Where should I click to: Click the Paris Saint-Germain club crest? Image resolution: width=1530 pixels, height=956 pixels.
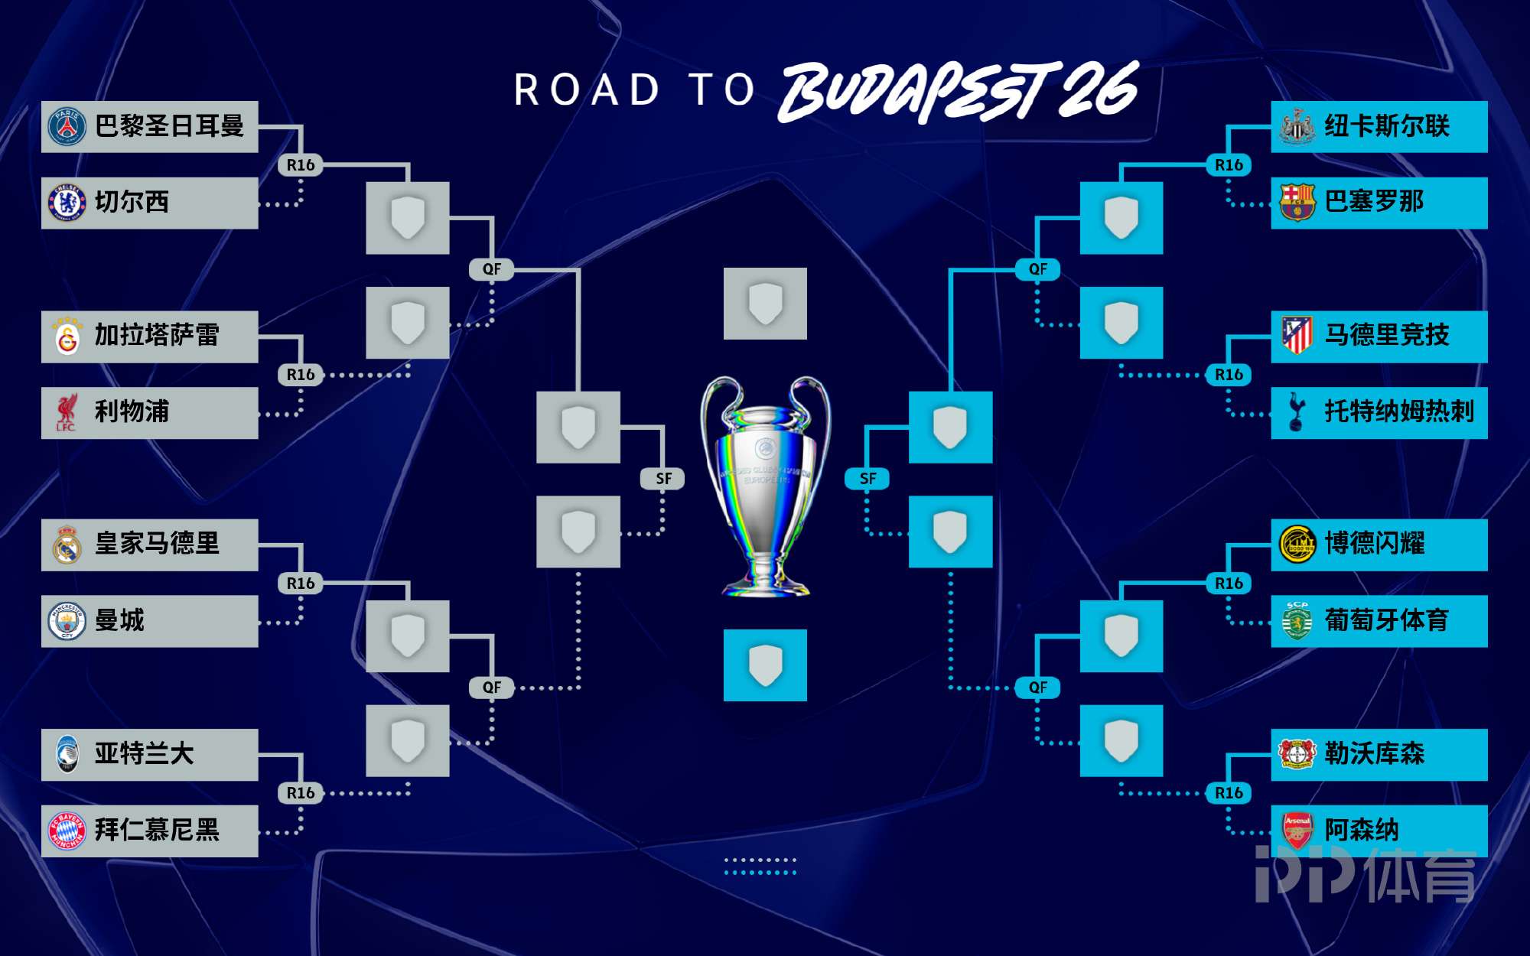(67, 126)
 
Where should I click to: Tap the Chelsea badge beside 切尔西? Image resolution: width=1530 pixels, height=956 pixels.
(67, 203)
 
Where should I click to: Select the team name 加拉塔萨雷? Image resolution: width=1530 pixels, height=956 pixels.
(157, 335)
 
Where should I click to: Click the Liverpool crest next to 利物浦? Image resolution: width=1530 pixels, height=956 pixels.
(67, 412)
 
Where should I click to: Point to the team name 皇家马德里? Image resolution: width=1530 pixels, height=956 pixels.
(157, 544)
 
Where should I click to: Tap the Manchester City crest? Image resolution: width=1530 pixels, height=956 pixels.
(67, 621)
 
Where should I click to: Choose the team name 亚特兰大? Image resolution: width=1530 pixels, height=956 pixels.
(144, 753)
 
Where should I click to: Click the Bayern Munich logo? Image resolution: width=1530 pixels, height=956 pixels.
(67, 831)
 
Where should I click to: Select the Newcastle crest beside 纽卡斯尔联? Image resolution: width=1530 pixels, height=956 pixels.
(1297, 126)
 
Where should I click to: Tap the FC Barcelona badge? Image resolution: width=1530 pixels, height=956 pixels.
(1297, 203)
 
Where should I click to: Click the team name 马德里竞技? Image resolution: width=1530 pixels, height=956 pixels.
(1387, 335)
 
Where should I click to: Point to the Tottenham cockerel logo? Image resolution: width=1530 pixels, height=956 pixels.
(1297, 412)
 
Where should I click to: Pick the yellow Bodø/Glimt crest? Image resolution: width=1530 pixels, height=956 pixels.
(1297, 544)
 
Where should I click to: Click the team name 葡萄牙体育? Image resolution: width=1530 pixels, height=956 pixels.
(1387, 620)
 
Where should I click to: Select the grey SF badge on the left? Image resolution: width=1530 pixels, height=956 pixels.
(663, 479)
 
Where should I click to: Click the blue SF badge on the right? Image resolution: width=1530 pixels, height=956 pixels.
(868, 479)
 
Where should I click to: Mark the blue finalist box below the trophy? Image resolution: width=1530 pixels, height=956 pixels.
(765, 665)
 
